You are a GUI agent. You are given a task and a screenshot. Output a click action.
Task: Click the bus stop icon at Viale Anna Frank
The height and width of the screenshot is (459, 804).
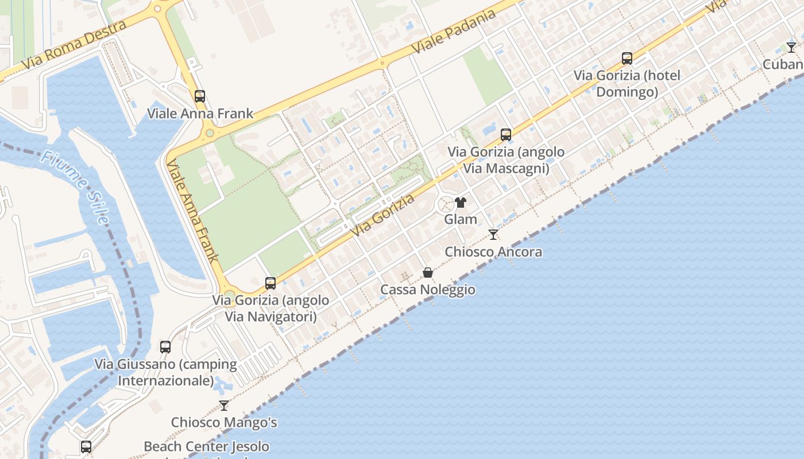pyautogui.click(x=200, y=96)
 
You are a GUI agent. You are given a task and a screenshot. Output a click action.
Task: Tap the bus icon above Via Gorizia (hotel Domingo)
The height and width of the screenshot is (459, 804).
pyautogui.click(x=627, y=58)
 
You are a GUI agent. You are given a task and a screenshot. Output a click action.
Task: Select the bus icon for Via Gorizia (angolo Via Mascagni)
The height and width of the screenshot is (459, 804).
pyautogui.click(x=506, y=135)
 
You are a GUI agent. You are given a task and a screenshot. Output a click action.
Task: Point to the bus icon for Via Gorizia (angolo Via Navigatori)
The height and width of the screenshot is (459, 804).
pyautogui.click(x=270, y=283)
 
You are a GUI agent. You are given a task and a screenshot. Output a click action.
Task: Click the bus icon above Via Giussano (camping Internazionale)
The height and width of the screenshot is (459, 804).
pyautogui.click(x=165, y=347)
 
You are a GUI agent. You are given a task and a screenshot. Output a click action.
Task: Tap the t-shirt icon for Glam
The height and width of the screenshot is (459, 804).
pyautogui.click(x=461, y=203)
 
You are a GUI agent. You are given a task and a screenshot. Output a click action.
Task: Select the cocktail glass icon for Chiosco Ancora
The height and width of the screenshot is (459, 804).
pyautogui.click(x=493, y=234)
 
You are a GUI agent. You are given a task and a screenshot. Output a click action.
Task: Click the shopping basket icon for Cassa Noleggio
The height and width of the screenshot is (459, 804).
pyautogui.click(x=428, y=272)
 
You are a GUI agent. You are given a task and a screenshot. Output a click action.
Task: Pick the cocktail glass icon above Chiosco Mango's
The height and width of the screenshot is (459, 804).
pyautogui.click(x=224, y=406)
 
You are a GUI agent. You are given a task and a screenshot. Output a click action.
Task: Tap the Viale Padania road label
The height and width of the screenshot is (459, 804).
pyautogui.click(x=454, y=32)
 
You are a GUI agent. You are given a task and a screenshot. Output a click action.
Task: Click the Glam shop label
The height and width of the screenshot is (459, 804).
pyautogui.click(x=461, y=219)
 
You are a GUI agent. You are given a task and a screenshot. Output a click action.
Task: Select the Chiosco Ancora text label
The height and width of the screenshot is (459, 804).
pyautogui.click(x=493, y=251)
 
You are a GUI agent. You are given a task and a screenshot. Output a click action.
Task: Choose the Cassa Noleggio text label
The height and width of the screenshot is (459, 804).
pyautogui.click(x=428, y=290)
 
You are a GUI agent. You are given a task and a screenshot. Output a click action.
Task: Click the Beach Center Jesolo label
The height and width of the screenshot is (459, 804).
pyautogui.click(x=206, y=446)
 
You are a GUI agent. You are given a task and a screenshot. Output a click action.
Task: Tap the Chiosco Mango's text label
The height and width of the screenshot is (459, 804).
pyautogui.click(x=224, y=423)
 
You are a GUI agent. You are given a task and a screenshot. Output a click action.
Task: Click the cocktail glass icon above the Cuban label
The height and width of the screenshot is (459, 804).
pyautogui.click(x=791, y=47)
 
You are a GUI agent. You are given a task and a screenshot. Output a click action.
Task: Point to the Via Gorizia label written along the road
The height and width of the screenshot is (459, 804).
pyautogui.click(x=384, y=216)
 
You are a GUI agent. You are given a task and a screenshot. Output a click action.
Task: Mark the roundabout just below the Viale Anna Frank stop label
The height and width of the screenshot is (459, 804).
pyautogui.click(x=210, y=133)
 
